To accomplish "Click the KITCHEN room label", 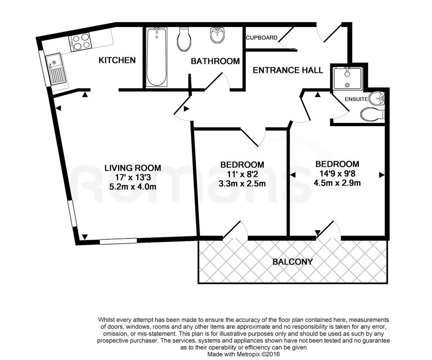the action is tap(117, 60).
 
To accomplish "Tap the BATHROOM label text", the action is tap(215, 61).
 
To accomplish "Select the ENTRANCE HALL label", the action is tap(288, 70).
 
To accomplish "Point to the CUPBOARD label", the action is tap(262, 38).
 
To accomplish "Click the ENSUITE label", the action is tap(356, 99).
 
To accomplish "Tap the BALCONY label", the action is tap(293, 262).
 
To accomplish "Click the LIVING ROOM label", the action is tap(132, 168).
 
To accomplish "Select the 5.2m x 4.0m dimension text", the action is tap(133, 187).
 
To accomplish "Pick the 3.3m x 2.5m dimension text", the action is tap(242, 183).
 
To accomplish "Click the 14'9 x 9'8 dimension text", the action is tap(337, 173).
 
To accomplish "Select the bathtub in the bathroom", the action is tap(156, 57).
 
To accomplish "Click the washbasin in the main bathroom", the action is tap(218, 35).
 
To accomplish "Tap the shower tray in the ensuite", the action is tap(348, 78).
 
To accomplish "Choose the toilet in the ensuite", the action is tap(372, 114).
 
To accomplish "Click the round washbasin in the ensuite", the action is tap(377, 98).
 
